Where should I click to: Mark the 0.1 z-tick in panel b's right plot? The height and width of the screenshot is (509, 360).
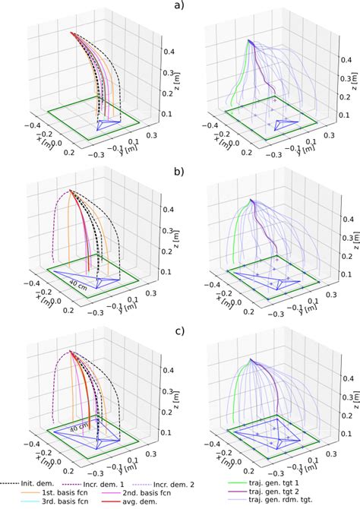pos(343,273)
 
